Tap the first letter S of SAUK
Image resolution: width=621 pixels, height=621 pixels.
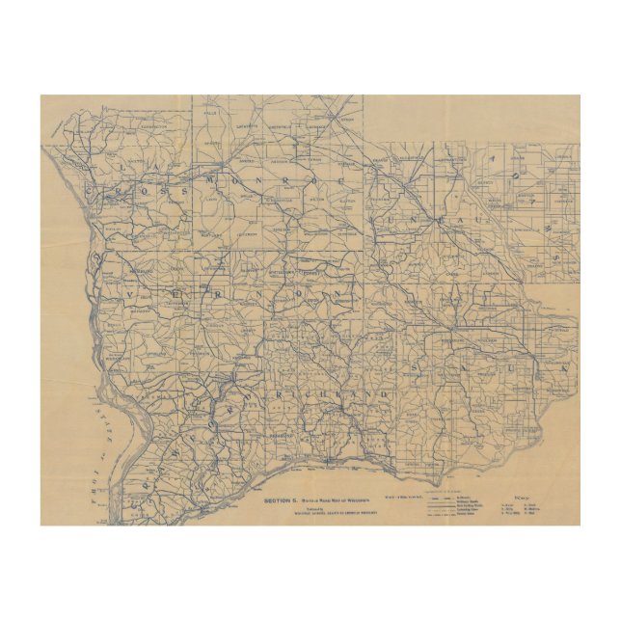pyautogui.click(x=416, y=369)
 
